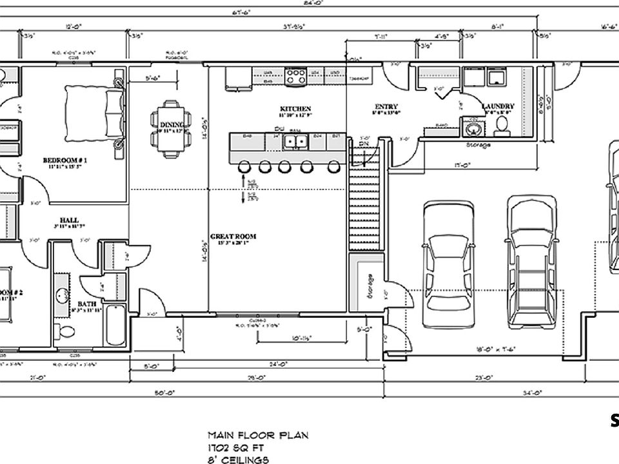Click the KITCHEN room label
[x=295, y=108]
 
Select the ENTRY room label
[x=386, y=106]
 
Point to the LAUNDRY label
[x=498, y=106]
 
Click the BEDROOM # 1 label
[x=65, y=160]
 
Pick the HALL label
[x=69, y=219]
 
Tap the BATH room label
[x=87, y=303]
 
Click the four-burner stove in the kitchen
[x=295, y=77]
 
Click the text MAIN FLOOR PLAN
[x=258, y=436]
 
